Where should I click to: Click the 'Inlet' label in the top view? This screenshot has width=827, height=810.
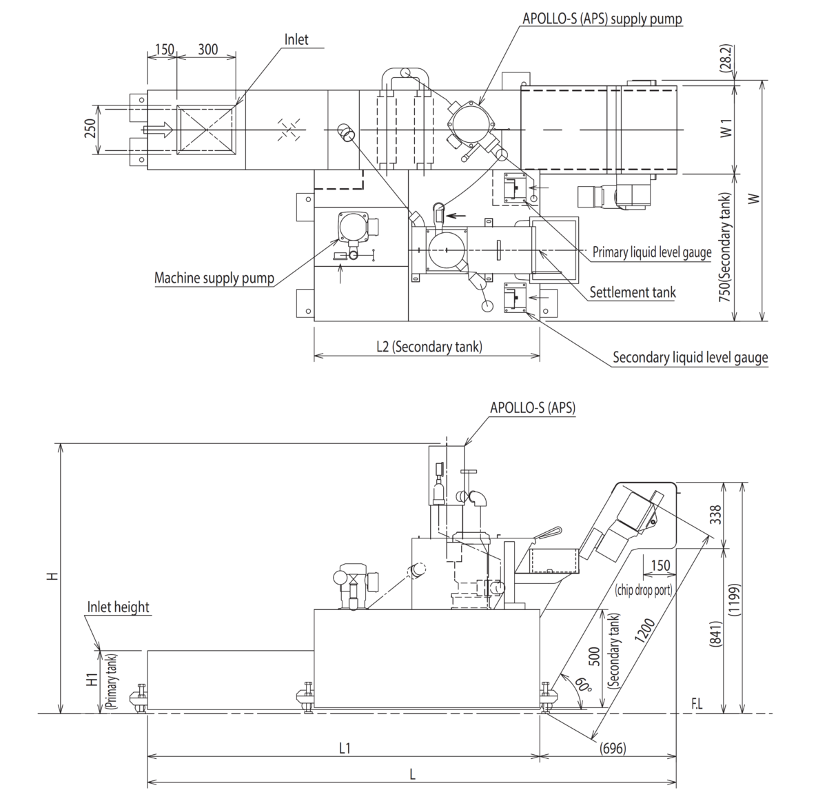coord(296,39)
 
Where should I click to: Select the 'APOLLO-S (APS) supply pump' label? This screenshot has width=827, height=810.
coord(602,19)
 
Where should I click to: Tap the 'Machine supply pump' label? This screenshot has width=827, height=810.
coord(214,279)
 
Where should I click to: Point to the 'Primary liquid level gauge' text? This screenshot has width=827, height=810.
coord(651,252)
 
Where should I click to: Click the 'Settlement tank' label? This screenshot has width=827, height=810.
coord(632,292)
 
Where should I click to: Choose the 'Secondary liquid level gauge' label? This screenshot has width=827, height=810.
coord(690,358)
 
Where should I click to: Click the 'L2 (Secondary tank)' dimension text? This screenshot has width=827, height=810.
coord(429,346)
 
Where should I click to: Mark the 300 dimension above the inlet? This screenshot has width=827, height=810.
coord(207,49)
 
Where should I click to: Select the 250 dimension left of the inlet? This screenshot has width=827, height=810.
coord(90,129)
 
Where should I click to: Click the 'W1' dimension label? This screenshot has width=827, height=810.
coord(726,128)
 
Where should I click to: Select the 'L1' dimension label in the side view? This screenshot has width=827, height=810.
coord(344,748)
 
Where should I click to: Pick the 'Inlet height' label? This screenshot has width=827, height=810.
coord(118,607)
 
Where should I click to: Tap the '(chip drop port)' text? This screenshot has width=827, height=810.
coord(643,590)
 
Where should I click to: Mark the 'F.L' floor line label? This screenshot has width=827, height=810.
coord(697,705)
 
